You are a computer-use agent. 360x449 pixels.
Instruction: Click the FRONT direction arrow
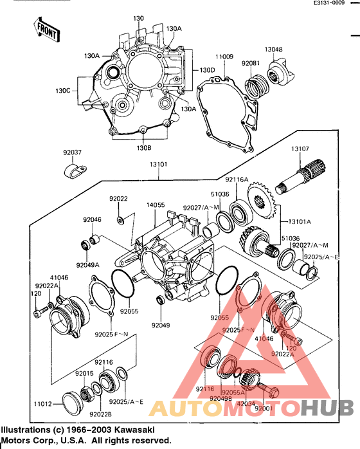click(45, 29)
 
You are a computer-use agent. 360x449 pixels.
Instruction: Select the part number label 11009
click(224, 57)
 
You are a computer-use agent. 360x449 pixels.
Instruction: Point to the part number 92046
click(92, 219)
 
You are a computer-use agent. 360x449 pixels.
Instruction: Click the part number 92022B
click(101, 414)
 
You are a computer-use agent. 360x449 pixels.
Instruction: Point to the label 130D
click(207, 69)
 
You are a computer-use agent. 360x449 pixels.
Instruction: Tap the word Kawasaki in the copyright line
click(132, 430)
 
